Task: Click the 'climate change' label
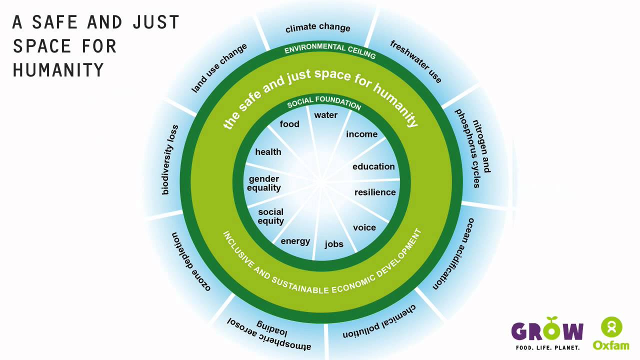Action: pos(318,27)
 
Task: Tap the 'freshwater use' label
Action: pos(416,62)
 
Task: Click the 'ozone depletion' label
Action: pos(190,261)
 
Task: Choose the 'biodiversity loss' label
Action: pos(170,159)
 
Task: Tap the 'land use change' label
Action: pos(219,68)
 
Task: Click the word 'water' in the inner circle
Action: pos(325,115)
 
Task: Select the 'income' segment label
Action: pos(361,134)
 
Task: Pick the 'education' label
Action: pos(373,166)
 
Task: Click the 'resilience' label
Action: pos(375,192)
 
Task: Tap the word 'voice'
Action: pos(364,227)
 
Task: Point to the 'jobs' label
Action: pos(334,244)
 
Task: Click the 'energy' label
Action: pos(295,241)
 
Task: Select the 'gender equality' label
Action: pos(264,183)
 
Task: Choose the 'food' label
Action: pos(289,124)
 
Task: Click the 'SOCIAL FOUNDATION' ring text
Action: pos(324,103)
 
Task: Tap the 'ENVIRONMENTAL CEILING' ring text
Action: pos(330,50)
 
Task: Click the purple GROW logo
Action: pos(547,332)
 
